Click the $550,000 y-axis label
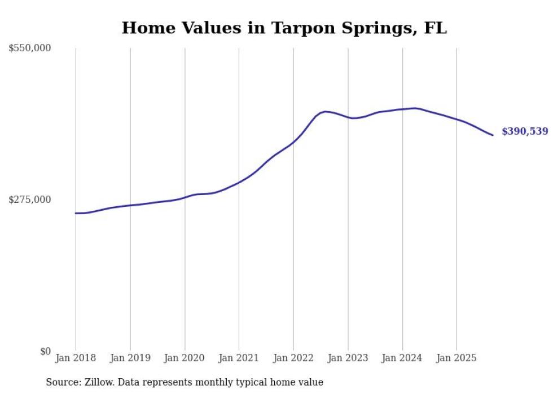click(29, 48)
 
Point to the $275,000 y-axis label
click(29, 200)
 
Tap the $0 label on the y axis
click(45, 351)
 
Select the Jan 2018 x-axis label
click(76, 358)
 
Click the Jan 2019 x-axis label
click(130, 358)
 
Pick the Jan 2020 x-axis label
click(185, 358)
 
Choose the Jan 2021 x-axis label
click(239, 358)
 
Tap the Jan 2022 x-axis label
click(293, 358)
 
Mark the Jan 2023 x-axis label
click(348, 358)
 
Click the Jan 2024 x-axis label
click(402, 358)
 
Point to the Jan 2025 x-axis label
click(457, 358)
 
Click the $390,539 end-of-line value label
click(524, 131)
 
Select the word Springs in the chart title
click(378, 28)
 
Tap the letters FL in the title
click(435, 28)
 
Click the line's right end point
click(493, 135)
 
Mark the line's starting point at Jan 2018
click(76, 213)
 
